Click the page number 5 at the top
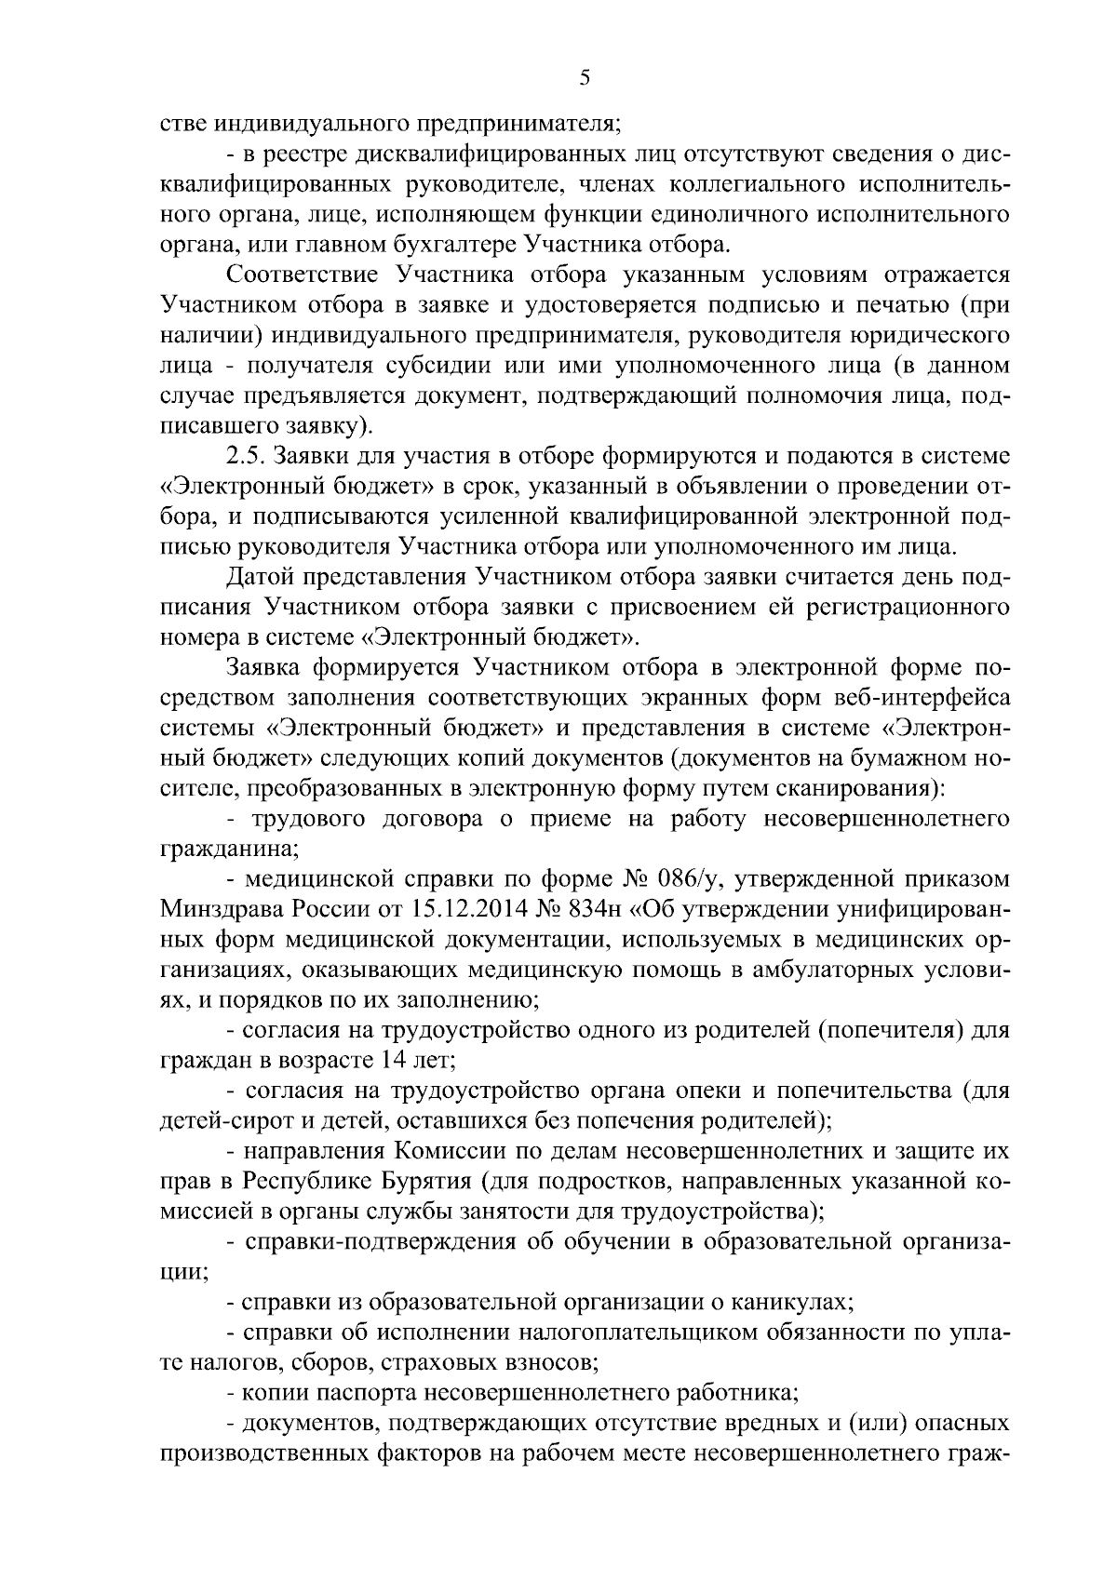(x=584, y=78)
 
